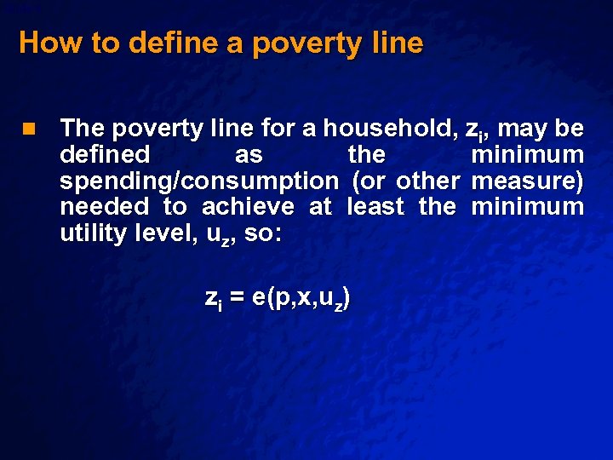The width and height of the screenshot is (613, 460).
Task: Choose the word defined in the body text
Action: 106,155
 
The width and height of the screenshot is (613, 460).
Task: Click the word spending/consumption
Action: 199,181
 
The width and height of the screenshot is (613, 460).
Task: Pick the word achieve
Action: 248,207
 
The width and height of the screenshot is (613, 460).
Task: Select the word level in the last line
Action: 169,233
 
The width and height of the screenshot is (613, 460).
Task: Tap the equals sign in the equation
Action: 237,297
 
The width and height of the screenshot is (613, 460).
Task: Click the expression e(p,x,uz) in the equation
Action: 301,297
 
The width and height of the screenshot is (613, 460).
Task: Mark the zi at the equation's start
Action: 213,298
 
